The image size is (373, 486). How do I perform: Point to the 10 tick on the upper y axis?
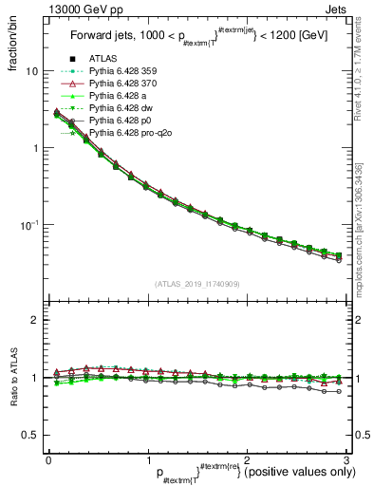[31, 71]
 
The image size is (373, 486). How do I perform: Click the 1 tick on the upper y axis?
[34, 148]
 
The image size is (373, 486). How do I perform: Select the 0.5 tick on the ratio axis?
[29, 435]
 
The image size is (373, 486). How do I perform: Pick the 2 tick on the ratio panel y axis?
[34, 320]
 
